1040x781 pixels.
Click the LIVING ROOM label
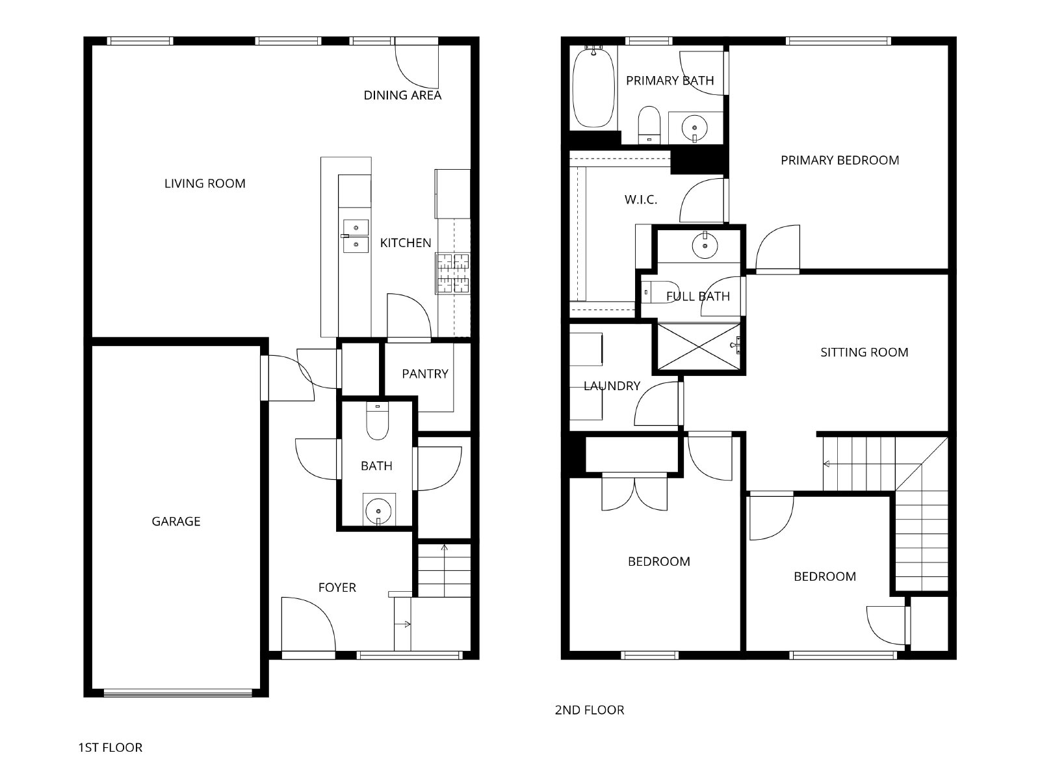click(x=205, y=183)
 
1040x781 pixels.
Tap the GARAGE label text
click(x=175, y=522)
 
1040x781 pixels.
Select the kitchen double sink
click(x=356, y=236)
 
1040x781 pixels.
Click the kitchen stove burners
click(x=454, y=273)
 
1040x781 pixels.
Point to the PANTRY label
click(x=425, y=374)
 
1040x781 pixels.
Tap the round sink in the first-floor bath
click(x=378, y=511)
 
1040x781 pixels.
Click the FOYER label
click(x=337, y=588)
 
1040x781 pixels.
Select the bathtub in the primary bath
click(x=593, y=87)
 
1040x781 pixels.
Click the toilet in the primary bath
click(x=649, y=125)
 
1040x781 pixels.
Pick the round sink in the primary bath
click(x=695, y=128)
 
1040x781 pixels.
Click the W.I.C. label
click(x=641, y=200)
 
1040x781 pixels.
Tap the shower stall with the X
click(x=699, y=347)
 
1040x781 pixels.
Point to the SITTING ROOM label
click(x=864, y=352)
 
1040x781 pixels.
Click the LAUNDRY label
click(x=612, y=386)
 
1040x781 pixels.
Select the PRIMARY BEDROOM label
click(x=840, y=160)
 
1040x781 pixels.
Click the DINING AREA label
click(x=402, y=95)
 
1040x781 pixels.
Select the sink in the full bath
click(x=705, y=245)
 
